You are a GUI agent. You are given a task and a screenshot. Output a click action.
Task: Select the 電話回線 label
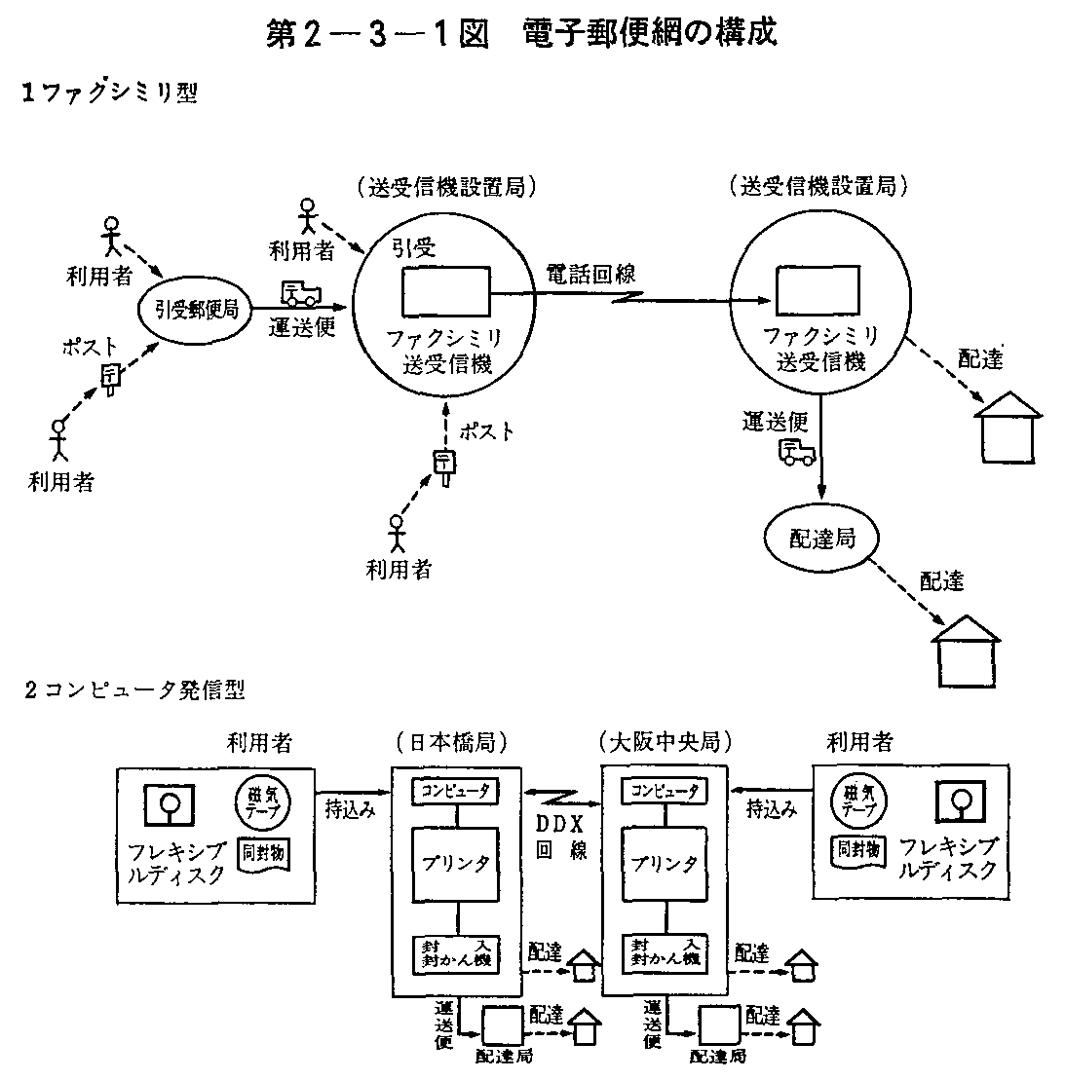(584, 275)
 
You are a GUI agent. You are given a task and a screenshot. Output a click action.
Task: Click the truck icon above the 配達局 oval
(797, 451)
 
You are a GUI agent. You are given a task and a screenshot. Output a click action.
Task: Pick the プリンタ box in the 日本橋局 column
(455, 863)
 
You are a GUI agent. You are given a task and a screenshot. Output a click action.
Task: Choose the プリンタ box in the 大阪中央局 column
(666, 863)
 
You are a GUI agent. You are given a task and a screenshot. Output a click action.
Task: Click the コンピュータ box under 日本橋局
(455, 790)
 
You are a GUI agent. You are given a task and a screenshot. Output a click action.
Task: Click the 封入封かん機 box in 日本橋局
(455, 950)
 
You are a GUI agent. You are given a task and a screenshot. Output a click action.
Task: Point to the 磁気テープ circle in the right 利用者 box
(857, 801)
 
